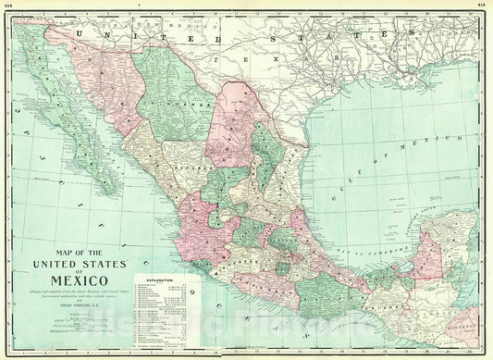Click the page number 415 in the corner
(483, 4)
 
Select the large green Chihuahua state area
(172, 102)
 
